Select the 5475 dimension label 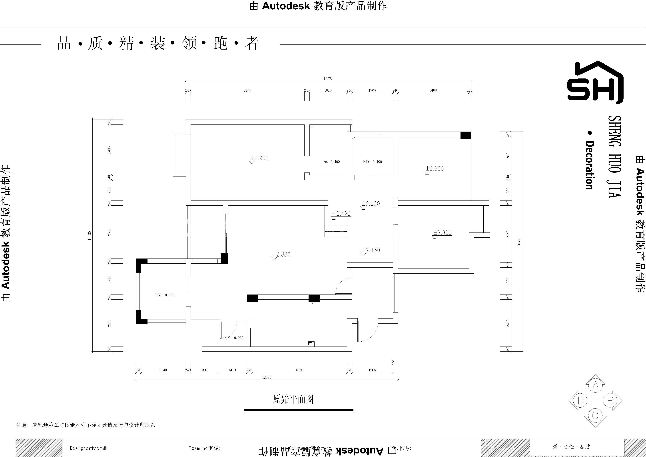tap(247, 90)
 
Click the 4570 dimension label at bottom tap(299, 370)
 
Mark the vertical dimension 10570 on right tap(519, 242)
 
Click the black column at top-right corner tap(466, 135)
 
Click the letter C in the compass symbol tap(595, 415)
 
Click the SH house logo tap(595, 82)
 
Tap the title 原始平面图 tap(293, 399)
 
